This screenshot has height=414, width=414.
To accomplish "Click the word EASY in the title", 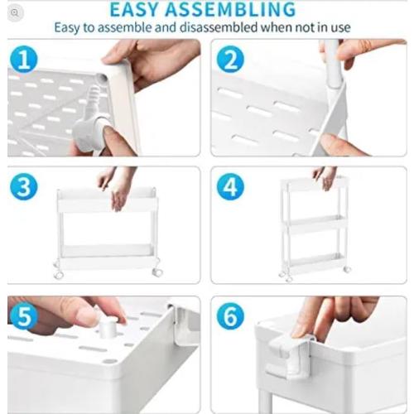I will point(142,9).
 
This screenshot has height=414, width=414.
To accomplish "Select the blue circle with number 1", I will point(25,59).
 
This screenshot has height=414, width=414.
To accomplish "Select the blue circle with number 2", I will point(230,59).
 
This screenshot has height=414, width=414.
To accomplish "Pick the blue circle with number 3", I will point(25,186).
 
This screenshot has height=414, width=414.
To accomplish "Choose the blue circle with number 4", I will point(230,186).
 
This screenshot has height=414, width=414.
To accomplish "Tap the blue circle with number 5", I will point(25,317).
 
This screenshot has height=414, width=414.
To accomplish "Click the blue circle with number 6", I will point(230,317).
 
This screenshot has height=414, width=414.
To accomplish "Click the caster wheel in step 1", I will point(95,132).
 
